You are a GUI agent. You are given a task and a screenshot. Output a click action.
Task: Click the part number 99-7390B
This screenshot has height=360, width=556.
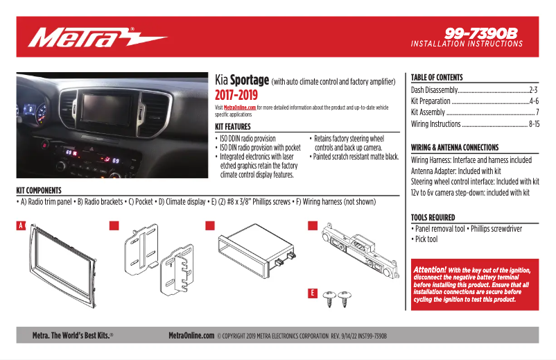tap(481, 33)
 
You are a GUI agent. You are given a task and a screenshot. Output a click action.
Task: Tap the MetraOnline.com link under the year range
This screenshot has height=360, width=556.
tap(240, 108)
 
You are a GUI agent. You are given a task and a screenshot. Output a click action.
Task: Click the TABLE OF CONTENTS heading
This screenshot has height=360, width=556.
tap(437, 78)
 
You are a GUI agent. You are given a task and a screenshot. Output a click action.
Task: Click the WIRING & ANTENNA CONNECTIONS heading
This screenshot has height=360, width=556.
tap(455, 148)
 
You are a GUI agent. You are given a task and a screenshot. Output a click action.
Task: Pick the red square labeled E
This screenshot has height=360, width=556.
tap(312, 293)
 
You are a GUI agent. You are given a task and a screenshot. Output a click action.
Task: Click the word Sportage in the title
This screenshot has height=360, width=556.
tap(250, 80)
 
